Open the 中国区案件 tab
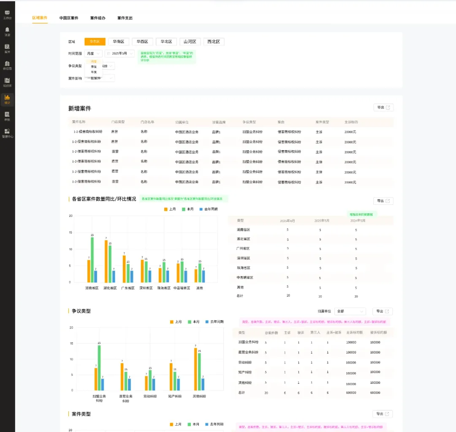click(69, 18)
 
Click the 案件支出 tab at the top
click(125, 18)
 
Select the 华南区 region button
click(119, 41)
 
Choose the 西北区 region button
click(214, 41)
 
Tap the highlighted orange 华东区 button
click(95, 41)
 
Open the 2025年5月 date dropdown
click(120, 53)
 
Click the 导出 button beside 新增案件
click(383, 107)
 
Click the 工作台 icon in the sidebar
click(7, 15)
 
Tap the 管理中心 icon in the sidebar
click(7, 133)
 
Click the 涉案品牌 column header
click(219, 122)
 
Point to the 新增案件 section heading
click(80, 108)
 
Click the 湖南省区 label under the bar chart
click(92, 288)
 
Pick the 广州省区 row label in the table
click(243, 248)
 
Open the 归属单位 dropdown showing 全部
click(350, 311)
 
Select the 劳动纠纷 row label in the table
click(245, 362)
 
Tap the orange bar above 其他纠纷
click(196, 369)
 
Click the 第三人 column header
click(315, 333)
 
